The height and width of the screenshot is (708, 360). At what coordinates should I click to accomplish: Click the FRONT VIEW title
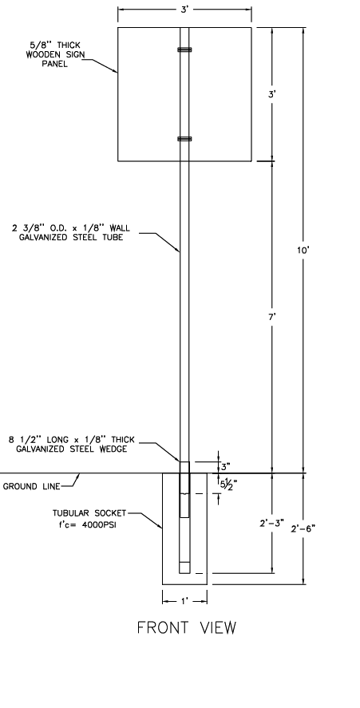click(187, 627)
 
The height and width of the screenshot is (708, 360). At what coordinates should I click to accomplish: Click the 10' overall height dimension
click(303, 250)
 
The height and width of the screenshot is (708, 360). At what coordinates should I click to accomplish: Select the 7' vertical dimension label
click(271, 317)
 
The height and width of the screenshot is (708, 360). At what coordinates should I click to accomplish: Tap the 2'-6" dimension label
click(303, 528)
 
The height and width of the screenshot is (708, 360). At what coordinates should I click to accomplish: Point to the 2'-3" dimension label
click(271, 524)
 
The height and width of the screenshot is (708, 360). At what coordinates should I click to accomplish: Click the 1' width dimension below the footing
click(184, 601)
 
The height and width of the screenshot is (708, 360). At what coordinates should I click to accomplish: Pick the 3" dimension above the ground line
click(225, 465)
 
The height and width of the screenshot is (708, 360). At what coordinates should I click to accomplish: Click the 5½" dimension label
click(228, 484)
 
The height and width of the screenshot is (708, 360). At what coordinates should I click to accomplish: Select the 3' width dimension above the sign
click(184, 10)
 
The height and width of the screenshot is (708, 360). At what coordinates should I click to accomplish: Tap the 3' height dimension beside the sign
click(271, 94)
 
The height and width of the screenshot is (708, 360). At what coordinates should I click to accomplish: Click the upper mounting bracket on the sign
click(184, 49)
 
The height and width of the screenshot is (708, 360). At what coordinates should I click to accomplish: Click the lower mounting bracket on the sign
click(184, 139)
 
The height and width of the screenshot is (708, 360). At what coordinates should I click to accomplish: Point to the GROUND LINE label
click(32, 486)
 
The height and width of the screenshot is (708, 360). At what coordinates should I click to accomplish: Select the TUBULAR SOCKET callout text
click(89, 513)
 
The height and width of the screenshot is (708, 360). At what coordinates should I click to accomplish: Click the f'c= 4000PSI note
click(84, 525)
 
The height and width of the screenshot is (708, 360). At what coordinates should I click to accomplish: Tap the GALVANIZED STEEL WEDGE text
click(71, 449)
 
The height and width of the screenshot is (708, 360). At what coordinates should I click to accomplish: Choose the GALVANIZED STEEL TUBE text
click(71, 238)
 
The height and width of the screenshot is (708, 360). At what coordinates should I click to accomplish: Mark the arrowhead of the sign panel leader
click(116, 71)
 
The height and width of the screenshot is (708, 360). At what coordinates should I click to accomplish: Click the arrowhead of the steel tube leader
click(179, 249)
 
